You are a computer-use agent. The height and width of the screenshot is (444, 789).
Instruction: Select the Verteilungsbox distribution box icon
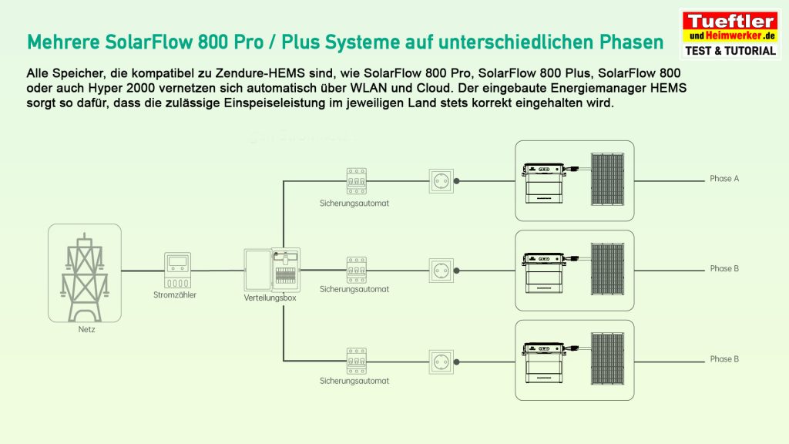click(x=270, y=270)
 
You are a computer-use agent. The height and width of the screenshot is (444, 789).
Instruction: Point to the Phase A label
click(x=724, y=179)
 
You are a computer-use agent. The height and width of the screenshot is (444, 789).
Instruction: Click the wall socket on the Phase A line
click(x=442, y=181)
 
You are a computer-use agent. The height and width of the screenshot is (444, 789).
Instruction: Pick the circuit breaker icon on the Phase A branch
click(x=355, y=181)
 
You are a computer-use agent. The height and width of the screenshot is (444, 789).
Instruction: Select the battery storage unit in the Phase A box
click(x=548, y=182)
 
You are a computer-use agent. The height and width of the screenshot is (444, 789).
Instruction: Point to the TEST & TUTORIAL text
click(x=730, y=51)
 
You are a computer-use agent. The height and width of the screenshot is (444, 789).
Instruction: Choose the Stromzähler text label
click(x=176, y=294)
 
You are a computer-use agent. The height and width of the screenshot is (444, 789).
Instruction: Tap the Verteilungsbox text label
click(x=270, y=298)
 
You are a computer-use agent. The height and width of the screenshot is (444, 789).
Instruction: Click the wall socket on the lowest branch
click(x=442, y=360)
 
